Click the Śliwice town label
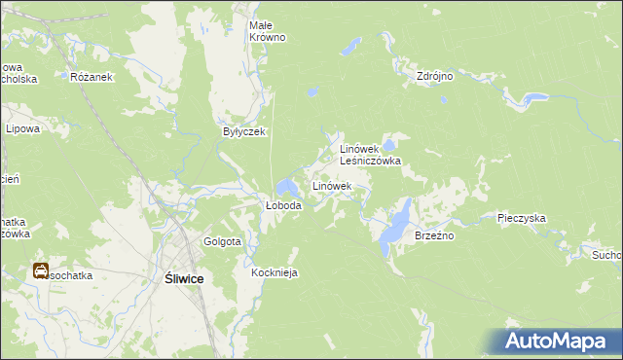click(178, 278)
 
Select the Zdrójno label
click(435, 75)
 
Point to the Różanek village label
click(92, 77)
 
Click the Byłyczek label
click(244, 131)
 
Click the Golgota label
click(222, 241)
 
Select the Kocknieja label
click(274, 273)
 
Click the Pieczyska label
click(521, 219)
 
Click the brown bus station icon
click(42, 271)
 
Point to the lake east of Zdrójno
click(531, 98)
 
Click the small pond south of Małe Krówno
click(311, 92)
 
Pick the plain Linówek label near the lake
click(331, 185)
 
